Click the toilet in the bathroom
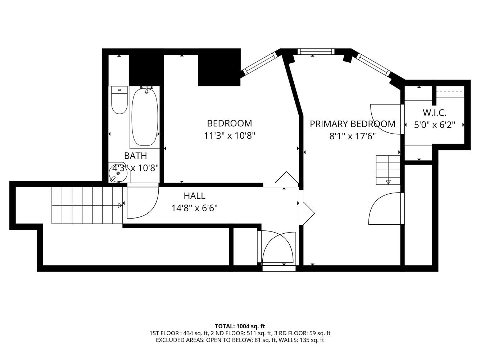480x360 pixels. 119,100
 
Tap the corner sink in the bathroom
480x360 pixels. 118,173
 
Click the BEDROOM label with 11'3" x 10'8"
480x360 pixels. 229,123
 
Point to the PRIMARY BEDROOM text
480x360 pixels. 352,124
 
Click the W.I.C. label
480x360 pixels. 434,113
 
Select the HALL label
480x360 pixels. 194,196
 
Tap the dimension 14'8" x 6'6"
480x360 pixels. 194,208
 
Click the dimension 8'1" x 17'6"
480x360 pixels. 352,136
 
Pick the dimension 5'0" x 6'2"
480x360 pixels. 434,125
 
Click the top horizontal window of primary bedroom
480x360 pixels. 315,52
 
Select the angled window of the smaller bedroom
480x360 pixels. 259,63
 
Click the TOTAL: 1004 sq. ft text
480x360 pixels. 240,327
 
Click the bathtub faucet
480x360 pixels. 146,90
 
